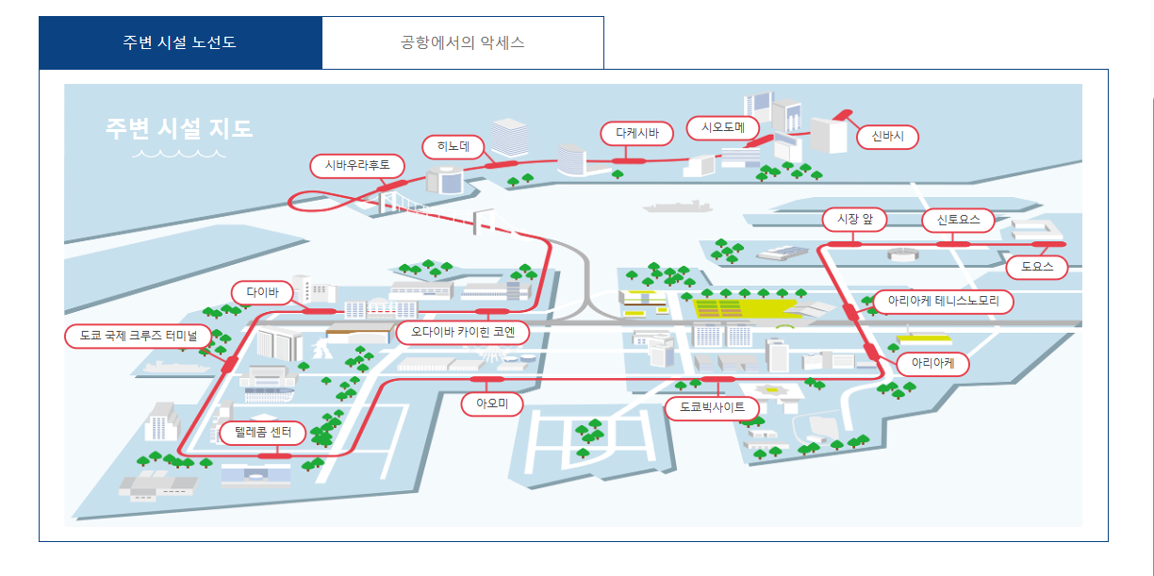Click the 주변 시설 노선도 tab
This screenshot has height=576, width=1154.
click(180, 43)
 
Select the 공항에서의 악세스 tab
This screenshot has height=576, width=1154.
click(462, 43)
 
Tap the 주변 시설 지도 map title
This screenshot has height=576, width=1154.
click(179, 128)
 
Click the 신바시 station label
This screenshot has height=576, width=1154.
click(887, 137)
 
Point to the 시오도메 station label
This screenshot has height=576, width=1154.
click(723, 127)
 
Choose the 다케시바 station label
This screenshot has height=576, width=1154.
click(637, 134)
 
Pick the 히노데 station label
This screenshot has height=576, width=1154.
click(453, 146)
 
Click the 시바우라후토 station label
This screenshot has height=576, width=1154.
click(357, 166)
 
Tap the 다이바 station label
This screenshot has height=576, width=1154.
click(263, 292)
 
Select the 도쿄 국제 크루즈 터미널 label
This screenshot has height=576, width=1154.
click(139, 336)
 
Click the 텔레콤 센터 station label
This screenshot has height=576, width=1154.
click(262, 434)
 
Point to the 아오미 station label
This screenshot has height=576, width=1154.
click(492, 404)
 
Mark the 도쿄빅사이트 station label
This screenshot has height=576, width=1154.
click(712, 407)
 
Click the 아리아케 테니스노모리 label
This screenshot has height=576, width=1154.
click(943, 302)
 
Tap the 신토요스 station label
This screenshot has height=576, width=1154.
click(958, 221)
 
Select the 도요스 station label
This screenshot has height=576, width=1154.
click(1036, 268)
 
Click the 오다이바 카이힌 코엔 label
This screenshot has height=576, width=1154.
click(463, 333)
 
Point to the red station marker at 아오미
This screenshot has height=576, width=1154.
click(486, 379)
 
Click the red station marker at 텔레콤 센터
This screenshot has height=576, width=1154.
click(274, 456)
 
